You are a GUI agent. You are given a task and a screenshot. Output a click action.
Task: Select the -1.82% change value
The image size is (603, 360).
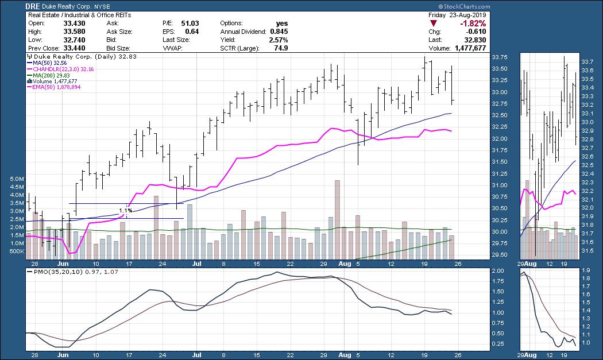473,24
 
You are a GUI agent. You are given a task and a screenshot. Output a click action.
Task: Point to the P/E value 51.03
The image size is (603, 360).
190,23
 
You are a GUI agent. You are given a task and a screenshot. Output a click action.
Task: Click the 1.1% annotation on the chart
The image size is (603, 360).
126,211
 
